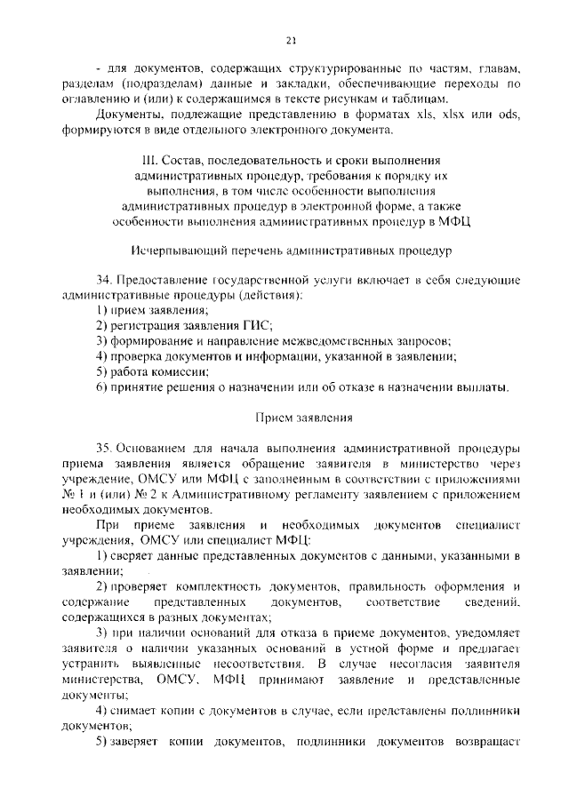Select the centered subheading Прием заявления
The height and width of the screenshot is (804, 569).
coord(290,416)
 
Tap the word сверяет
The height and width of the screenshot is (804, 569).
coord(134,555)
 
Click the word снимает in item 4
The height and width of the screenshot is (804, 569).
coord(135,711)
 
